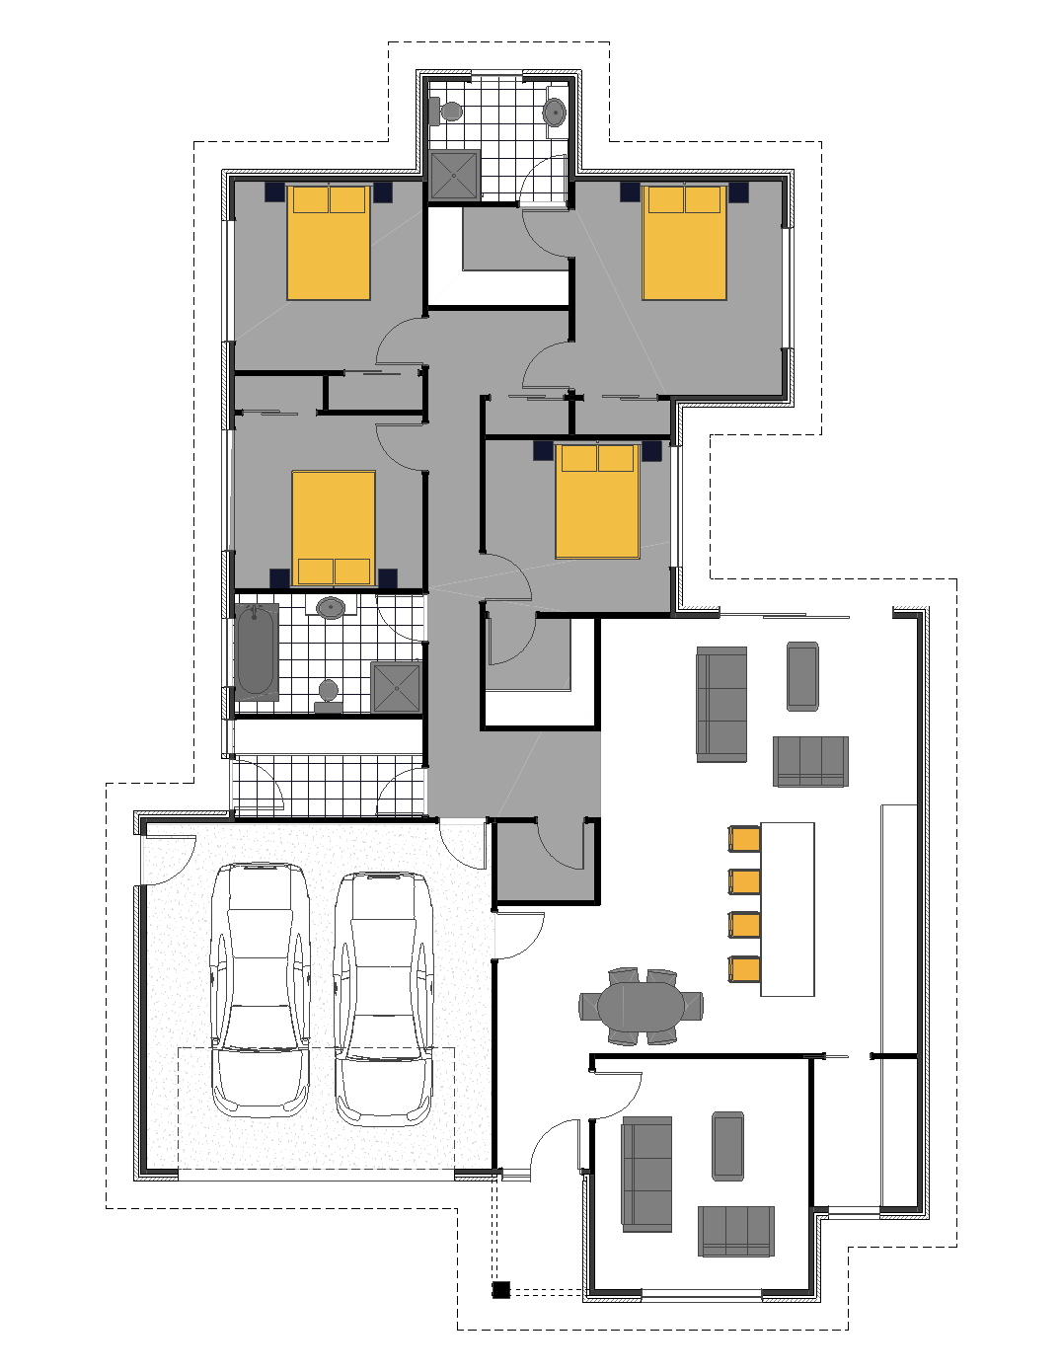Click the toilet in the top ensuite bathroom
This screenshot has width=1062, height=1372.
click(x=448, y=111)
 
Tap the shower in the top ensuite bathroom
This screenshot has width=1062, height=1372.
click(x=455, y=175)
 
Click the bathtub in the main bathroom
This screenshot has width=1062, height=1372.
click(x=256, y=651)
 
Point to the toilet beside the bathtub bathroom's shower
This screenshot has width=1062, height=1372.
click(x=329, y=694)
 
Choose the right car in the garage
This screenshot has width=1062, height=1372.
click(x=383, y=997)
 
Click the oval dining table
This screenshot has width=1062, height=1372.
click(x=641, y=1007)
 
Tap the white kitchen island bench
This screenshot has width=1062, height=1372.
click(x=788, y=909)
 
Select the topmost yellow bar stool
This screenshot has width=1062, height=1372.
click(x=745, y=839)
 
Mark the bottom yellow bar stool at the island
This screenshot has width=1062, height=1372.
click(x=745, y=969)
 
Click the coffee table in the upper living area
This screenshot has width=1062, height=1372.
click(x=802, y=676)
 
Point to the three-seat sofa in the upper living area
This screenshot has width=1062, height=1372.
click(x=721, y=704)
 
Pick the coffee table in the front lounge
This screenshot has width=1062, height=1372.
click(x=727, y=1145)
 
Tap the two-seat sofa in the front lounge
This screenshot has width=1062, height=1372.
click(x=736, y=1231)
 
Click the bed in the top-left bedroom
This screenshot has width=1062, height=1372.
click(x=329, y=242)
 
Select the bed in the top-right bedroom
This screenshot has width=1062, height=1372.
click(x=685, y=242)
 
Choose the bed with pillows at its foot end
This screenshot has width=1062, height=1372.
click(x=334, y=529)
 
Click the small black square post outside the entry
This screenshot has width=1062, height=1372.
click(x=500, y=1289)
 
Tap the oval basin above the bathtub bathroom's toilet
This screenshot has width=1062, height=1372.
click(x=331, y=607)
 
